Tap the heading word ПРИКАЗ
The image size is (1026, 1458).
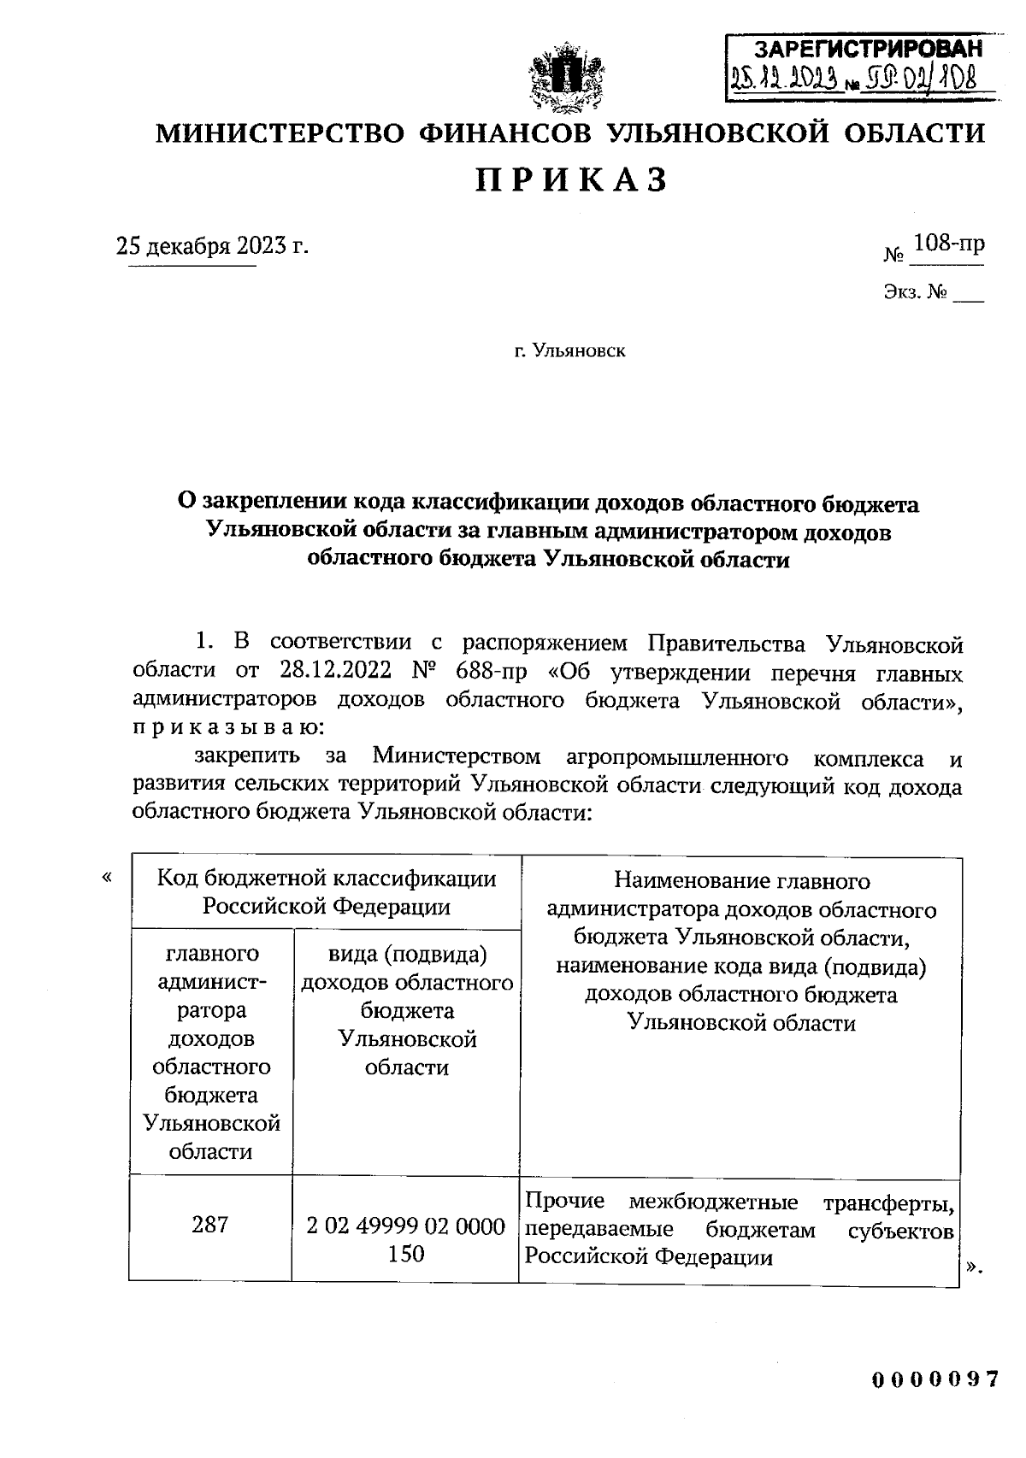tap(571, 180)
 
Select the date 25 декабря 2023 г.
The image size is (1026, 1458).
tap(211, 246)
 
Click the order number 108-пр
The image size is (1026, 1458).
tap(948, 244)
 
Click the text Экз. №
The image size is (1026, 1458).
tap(915, 293)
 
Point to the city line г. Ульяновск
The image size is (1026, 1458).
tap(569, 350)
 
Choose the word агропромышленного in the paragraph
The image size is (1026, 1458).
tap(676, 757)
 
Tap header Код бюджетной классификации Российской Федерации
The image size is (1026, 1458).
tap(326, 892)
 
